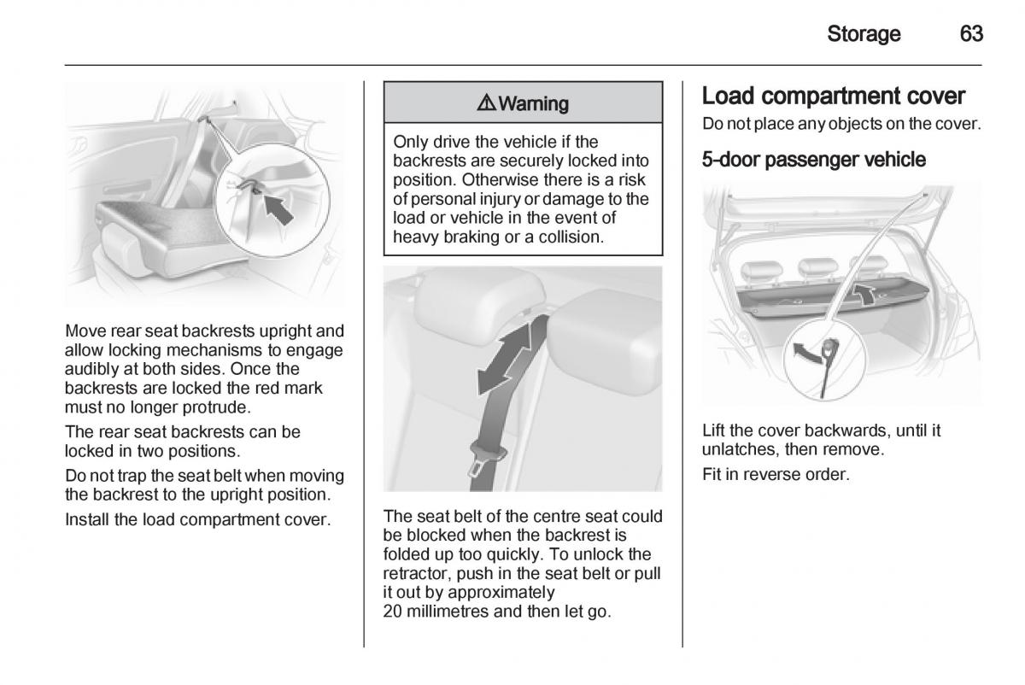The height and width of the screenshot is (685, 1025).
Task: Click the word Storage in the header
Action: pyautogui.click(x=864, y=34)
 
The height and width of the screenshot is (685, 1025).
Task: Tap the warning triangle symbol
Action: pyautogui.click(x=487, y=103)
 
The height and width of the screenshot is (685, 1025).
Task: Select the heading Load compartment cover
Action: pyautogui.click(x=833, y=96)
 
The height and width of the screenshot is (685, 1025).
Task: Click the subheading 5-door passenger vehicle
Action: pyautogui.click(x=813, y=159)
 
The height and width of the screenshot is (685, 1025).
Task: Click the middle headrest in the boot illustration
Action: pyautogui.click(x=806, y=269)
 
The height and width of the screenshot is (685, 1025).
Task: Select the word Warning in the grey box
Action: pyautogui.click(x=534, y=103)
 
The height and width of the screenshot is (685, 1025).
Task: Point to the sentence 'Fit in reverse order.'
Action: pyautogui.click(x=776, y=473)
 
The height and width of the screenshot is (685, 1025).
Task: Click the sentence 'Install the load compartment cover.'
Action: pyautogui.click(x=197, y=518)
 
